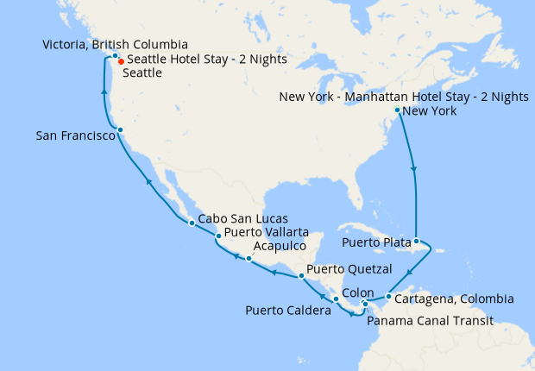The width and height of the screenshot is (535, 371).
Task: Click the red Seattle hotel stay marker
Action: click(120, 61)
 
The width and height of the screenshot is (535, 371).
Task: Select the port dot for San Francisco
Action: click(121, 130)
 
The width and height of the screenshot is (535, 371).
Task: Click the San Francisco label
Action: click(76, 136)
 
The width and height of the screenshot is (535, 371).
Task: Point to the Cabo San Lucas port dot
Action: click(192, 223)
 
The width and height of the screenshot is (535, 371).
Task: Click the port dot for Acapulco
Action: click(249, 259)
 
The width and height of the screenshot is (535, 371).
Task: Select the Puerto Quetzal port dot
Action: click(300, 276)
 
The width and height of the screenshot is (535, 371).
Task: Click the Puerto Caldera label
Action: click(288, 310)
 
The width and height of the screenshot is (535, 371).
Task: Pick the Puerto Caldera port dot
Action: click(336, 299)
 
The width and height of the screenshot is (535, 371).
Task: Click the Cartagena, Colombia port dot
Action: click(389, 298)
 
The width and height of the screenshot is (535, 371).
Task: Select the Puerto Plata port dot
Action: click(416, 242)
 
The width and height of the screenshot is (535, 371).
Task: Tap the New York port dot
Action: click(397, 110)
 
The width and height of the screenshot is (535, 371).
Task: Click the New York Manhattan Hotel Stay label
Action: click(404, 97)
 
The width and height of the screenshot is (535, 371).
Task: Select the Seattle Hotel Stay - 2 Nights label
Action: click(206, 60)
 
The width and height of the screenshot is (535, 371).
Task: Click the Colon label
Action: click(358, 292)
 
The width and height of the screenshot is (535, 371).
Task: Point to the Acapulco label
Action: click(280, 246)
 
